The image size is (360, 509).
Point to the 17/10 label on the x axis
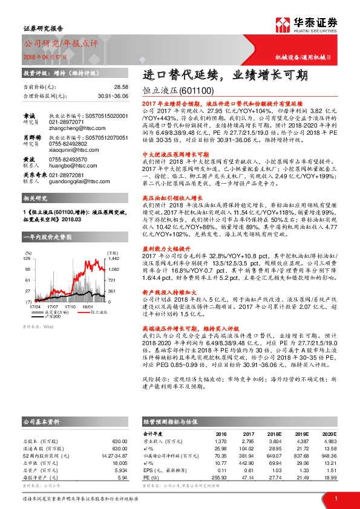tap(70, 306)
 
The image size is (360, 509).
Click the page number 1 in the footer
tap(335, 498)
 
